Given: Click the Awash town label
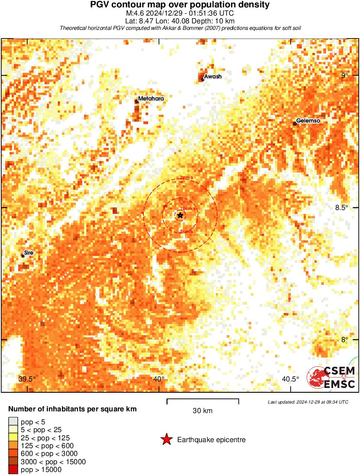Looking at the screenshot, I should click(x=213, y=77).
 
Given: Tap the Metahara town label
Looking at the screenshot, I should click(x=151, y=99).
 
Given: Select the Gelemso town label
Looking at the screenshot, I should click(x=308, y=121).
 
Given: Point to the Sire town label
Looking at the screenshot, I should click(x=29, y=252).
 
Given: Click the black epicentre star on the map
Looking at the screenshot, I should click(x=180, y=215).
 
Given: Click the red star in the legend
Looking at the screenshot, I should click(x=166, y=440).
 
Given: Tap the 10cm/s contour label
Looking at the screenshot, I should click(x=188, y=208).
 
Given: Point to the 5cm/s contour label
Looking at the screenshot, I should click(x=186, y=232).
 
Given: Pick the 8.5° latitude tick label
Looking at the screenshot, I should click(x=341, y=207).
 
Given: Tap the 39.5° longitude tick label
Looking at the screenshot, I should click(x=27, y=379).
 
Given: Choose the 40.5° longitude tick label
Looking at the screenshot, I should click(x=290, y=379).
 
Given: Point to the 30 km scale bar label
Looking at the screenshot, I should click(x=202, y=411).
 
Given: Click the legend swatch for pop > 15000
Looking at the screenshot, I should click(x=13, y=470).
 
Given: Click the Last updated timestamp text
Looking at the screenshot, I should click(x=308, y=402).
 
